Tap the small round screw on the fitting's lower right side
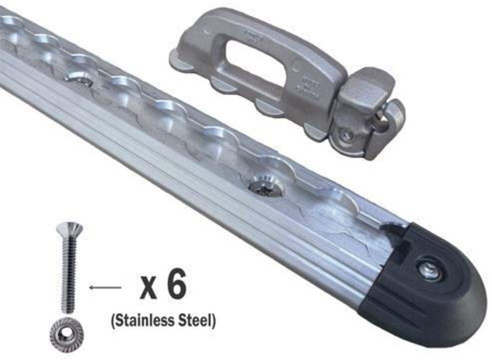click(x=346, y=134)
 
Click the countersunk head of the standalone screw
click(x=69, y=229)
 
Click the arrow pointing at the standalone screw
click(x=105, y=287)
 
